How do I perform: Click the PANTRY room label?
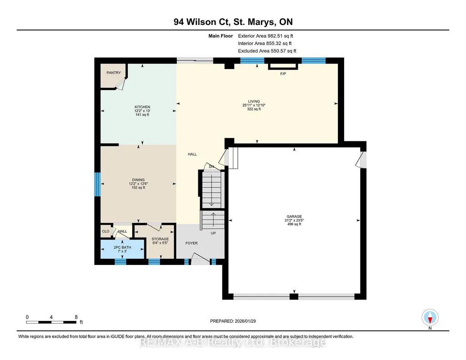[114, 73]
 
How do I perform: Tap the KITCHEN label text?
[142, 107]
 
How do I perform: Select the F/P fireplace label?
[283, 74]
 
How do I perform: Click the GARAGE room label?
[294, 216]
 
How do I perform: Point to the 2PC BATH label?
[122, 247]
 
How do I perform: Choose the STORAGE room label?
[160, 239]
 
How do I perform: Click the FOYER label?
[191, 243]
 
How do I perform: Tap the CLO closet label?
[105, 231]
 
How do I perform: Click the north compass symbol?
[430, 318]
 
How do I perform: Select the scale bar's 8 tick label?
[76, 317]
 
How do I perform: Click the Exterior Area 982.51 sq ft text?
[266, 36]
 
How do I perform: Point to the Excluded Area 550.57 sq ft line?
[267, 51]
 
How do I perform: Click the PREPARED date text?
[233, 321]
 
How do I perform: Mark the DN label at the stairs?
[211, 167]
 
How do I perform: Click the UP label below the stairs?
[213, 233]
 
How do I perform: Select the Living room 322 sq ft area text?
[254, 109]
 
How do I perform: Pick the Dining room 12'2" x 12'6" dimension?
[138, 184]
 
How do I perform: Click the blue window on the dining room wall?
[97, 185]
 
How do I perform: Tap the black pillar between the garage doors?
[294, 296]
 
